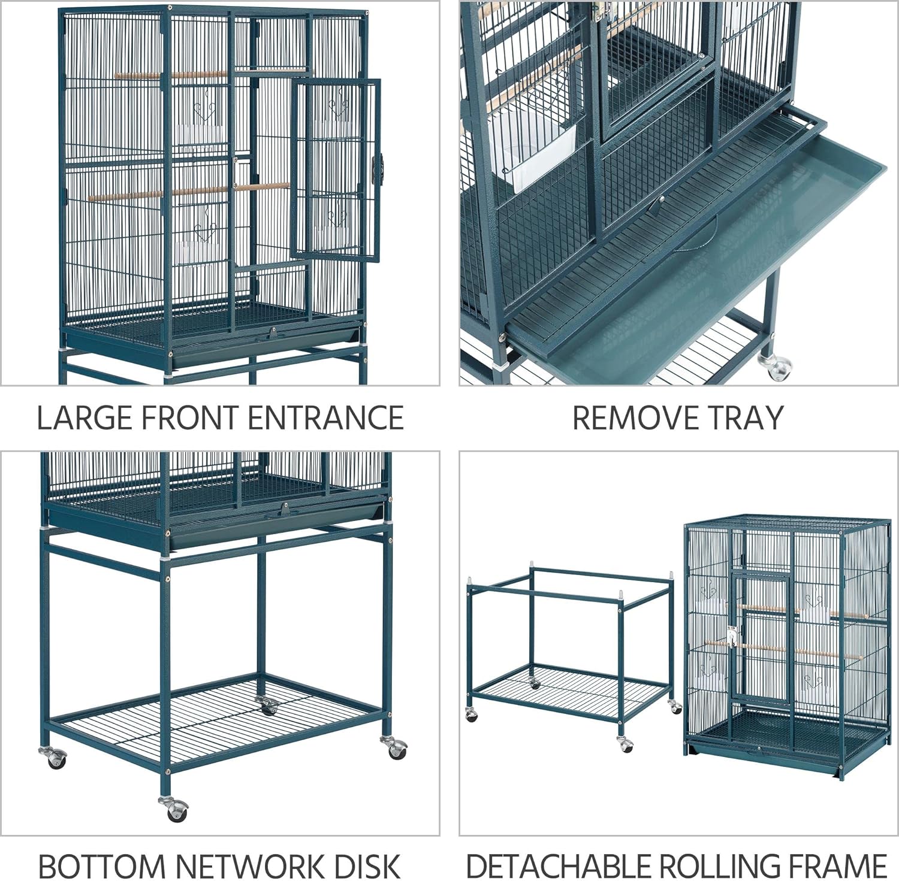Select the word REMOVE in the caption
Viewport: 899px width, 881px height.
629,417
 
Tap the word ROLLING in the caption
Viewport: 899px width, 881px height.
722,866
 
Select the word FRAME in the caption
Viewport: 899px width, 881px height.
837,866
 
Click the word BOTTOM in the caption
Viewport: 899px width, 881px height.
102,866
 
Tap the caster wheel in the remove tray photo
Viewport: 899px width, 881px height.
776,366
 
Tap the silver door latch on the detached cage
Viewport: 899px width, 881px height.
732,636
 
